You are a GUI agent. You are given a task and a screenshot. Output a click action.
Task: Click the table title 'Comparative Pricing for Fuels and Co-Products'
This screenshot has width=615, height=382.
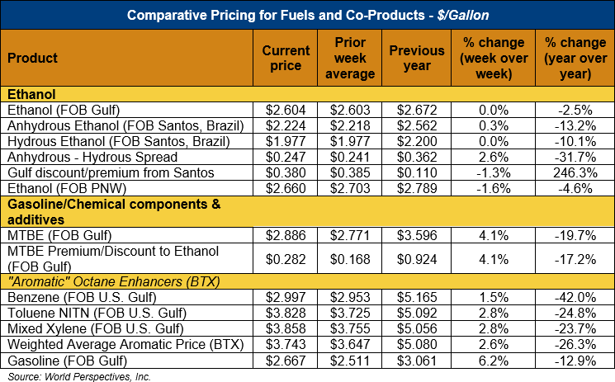[x=307, y=14]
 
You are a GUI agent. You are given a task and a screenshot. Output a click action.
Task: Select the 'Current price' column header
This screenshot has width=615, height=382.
[x=286, y=58]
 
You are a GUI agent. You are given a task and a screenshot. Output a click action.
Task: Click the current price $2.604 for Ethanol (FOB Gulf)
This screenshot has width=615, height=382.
[x=286, y=111]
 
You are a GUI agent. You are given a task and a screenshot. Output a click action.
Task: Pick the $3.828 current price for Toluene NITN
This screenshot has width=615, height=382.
[x=286, y=312]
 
